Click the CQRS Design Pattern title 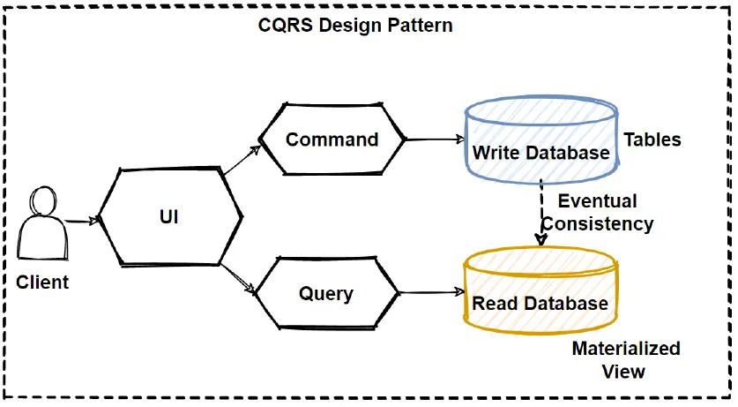tap(355, 25)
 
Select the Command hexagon tap(332, 139)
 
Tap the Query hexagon tap(326, 293)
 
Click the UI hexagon tap(169, 215)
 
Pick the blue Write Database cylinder tap(540, 141)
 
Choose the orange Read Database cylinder tap(540, 291)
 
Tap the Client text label tap(42, 283)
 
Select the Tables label tap(652, 139)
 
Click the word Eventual tap(597, 201)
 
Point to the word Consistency tap(598, 224)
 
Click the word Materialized tap(626, 348)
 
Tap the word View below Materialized tap(623, 371)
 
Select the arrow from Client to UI tap(81, 222)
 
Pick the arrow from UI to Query tap(238, 276)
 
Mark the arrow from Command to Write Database tap(434, 139)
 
